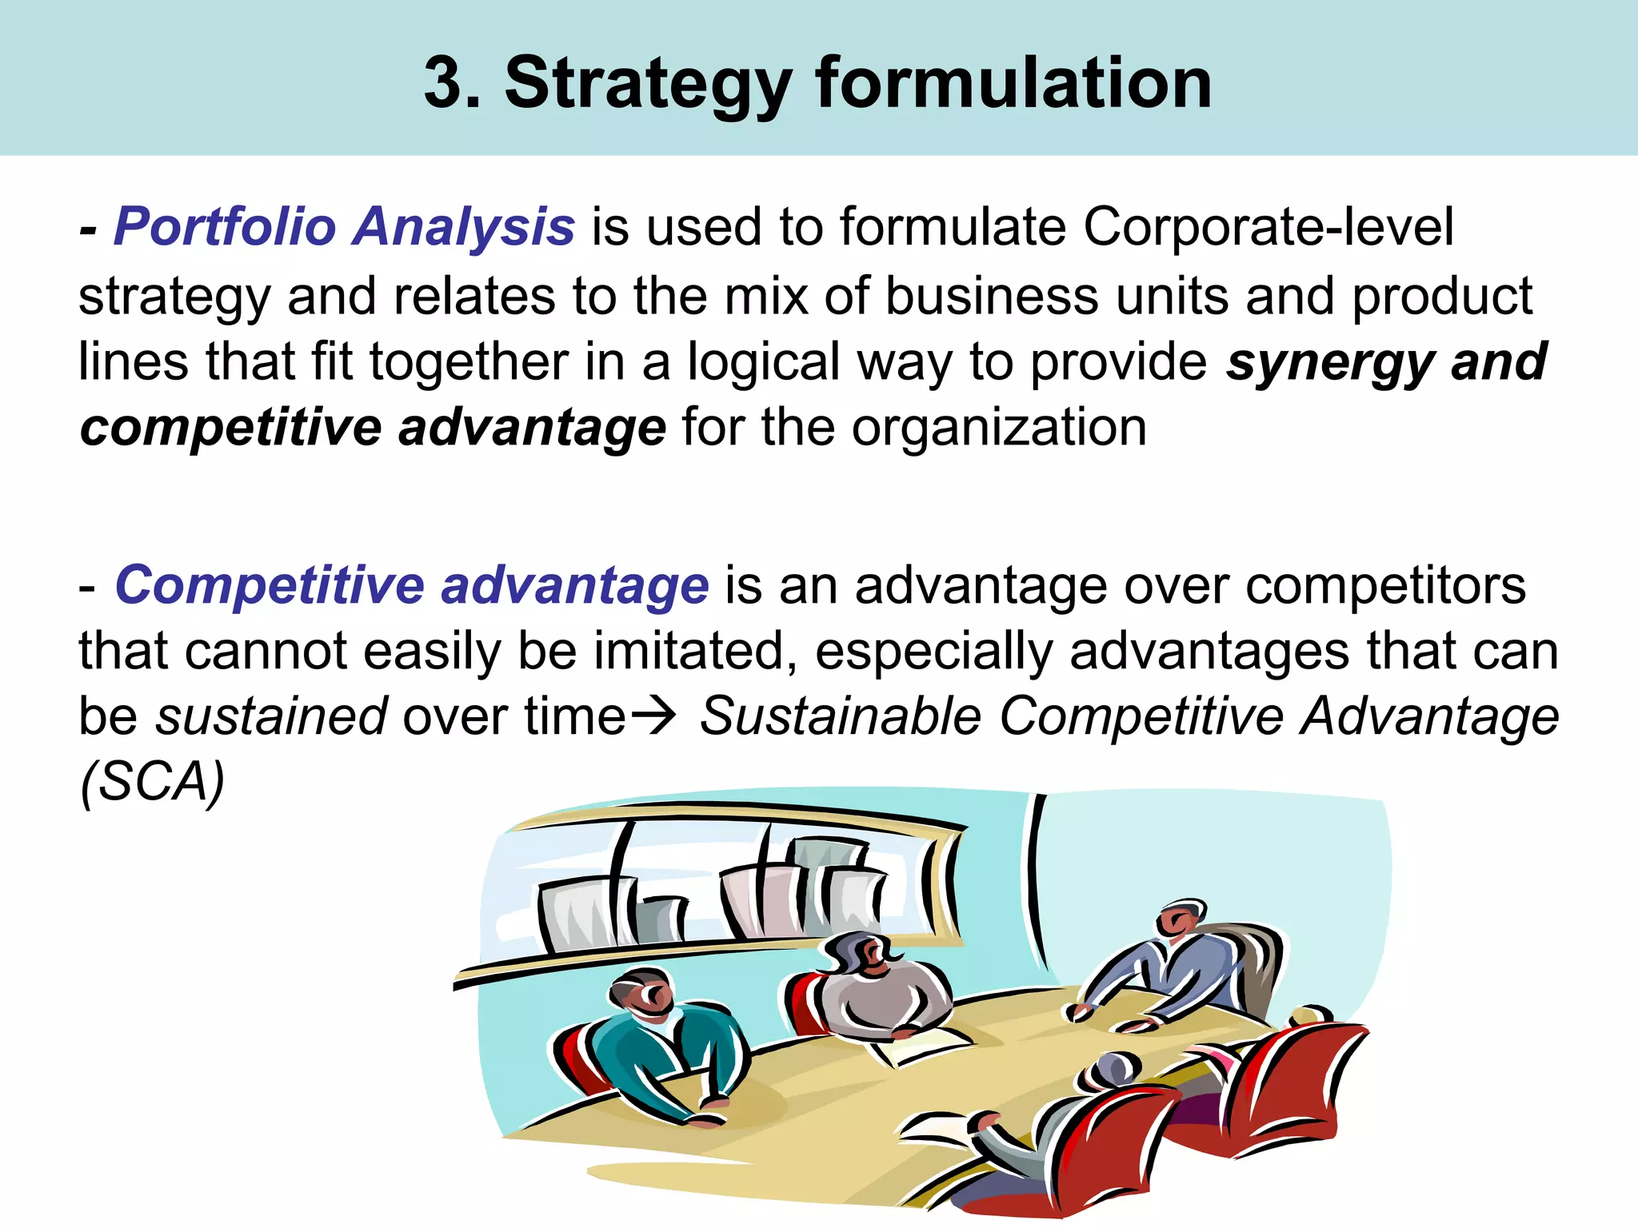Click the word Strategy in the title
pyautogui.click(x=648, y=84)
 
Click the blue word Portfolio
pyautogui.click(x=225, y=226)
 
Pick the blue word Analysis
pyautogui.click(x=463, y=228)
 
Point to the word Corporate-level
pyautogui.click(x=1268, y=226)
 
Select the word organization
pyautogui.click(x=999, y=428)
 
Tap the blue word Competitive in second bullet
pyautogui.click(x=269, y=585)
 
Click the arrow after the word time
pyautogui.click(x=654, y=716)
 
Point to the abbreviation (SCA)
pyautogui.click(x=152, y=781)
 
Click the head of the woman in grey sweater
pyautogui.click(x=860, y=955)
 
